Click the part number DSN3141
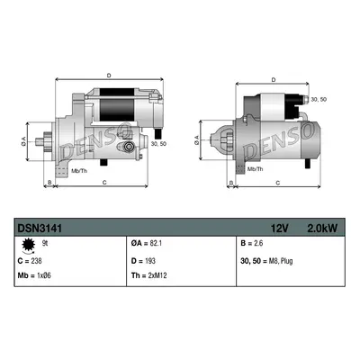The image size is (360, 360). pos(40,229)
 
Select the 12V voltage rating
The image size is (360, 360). pos(280,229)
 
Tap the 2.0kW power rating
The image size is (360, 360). pos(322,229)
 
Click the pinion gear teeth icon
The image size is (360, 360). pos(29,245)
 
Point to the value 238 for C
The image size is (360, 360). pos(36,261)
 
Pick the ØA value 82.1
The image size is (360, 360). pos(156,243)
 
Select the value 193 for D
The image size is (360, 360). pos(150,261)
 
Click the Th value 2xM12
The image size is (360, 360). pos(157,275)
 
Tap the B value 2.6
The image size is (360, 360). pos(258,243)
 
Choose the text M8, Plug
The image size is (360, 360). pos(281,261)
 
